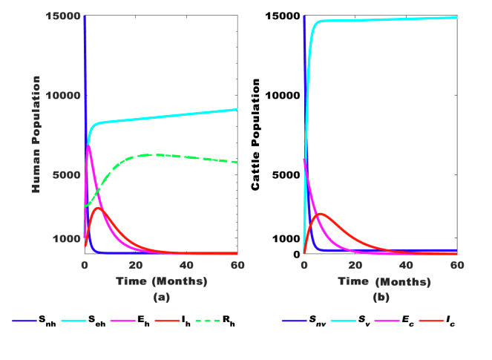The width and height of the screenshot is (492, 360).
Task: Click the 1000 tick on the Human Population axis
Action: click(68, 239)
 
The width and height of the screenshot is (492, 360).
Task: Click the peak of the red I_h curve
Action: click(97, 208)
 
